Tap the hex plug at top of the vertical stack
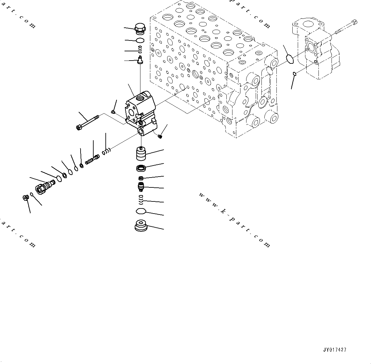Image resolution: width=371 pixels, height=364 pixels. point(140,29)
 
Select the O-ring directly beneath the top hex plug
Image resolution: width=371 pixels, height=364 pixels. point(140,40)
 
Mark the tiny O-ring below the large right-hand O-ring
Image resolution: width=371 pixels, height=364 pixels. point(295,74)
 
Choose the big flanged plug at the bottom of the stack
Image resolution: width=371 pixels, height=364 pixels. point(141,226)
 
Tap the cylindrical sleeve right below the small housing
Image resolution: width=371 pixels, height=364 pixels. point(140,153)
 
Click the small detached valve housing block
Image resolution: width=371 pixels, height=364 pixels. point(140,113)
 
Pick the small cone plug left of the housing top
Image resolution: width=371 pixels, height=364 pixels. point(113,112)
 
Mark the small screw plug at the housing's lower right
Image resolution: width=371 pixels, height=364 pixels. point(160,136)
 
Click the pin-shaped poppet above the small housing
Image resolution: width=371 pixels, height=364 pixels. point(140,60)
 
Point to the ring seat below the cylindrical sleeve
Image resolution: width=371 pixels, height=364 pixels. point(140,168)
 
